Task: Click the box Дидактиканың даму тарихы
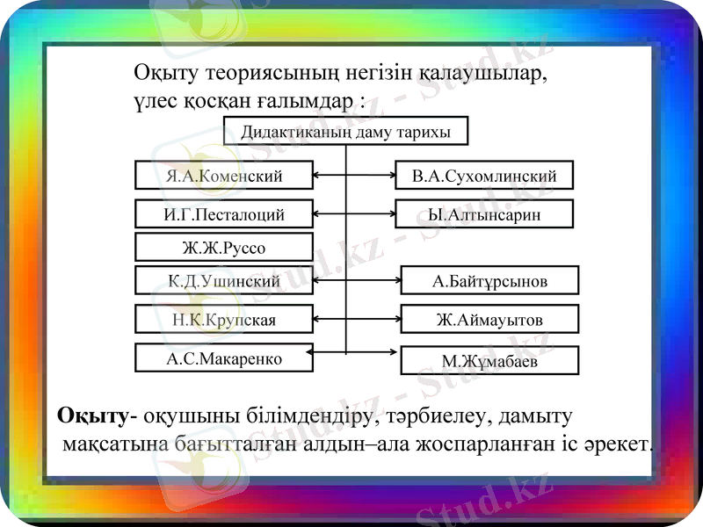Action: point(345,132)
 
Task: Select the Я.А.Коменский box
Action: point(224,175)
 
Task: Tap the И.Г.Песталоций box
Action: point(224,213)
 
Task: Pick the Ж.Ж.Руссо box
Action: point(224,247)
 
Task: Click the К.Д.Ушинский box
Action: point(224,281)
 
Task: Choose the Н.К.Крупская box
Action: point(224,319)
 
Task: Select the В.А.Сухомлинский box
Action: point(484,176)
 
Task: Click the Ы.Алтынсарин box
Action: point(484,213)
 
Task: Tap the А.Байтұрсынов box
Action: point(489,281)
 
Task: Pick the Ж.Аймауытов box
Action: point(489,319)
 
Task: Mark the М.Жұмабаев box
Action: point(489,360)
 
